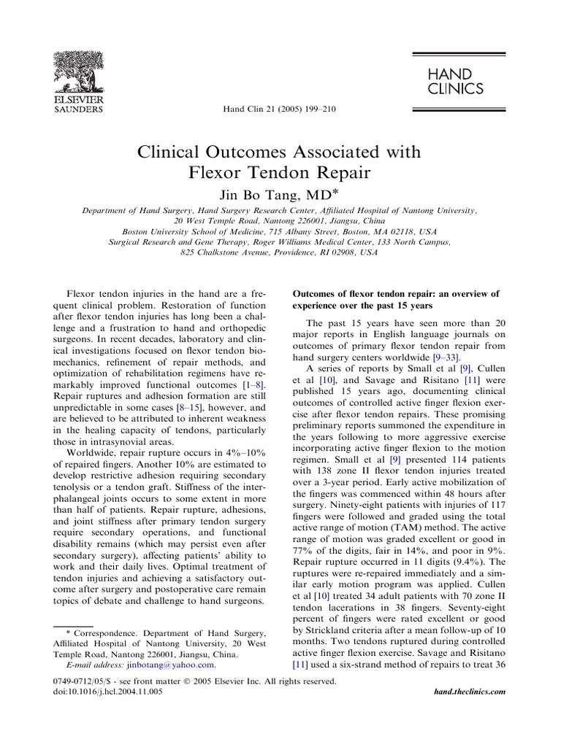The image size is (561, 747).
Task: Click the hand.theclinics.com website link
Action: click(x=469, y=690)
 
